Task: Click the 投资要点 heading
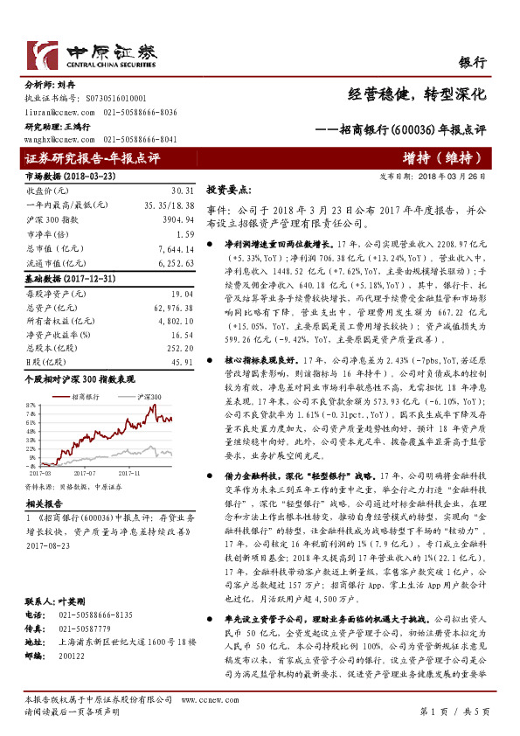click(228, 189)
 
